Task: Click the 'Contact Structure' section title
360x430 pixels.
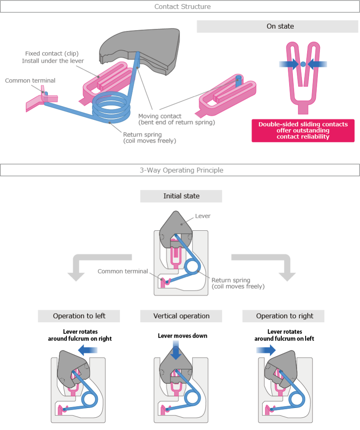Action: point(180,7)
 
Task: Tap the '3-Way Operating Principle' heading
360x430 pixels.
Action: point(180,170)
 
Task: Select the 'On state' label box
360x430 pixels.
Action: point(280,26)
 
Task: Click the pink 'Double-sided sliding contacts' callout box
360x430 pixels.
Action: point(303,130)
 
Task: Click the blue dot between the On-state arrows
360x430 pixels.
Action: point(303,64)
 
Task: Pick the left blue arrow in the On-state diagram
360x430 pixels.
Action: point(289,64)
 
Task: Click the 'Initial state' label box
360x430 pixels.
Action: point(181,196)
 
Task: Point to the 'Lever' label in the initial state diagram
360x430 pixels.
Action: point(203,216)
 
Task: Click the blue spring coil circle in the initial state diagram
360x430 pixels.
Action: point(191,266)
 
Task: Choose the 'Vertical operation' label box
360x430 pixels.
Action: point(181,316)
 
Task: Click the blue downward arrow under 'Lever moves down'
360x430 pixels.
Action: point(176,352)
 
